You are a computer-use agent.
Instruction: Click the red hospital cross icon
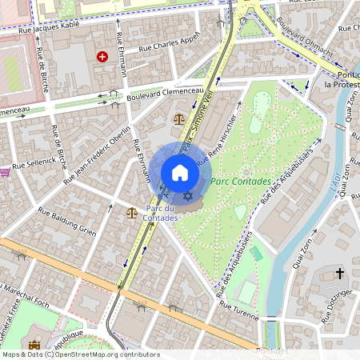(102, 57)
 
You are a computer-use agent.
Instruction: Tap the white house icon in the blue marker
(180, 173)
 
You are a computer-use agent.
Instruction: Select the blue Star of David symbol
(189, 196)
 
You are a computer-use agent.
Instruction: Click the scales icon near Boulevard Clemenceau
(178, 118)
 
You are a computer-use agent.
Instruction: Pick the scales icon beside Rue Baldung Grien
(131, 214)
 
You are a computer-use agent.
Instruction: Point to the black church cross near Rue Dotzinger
(340, 274)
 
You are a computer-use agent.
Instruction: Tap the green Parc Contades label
(241, 182)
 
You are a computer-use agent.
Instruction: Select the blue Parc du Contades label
(160, 212)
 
